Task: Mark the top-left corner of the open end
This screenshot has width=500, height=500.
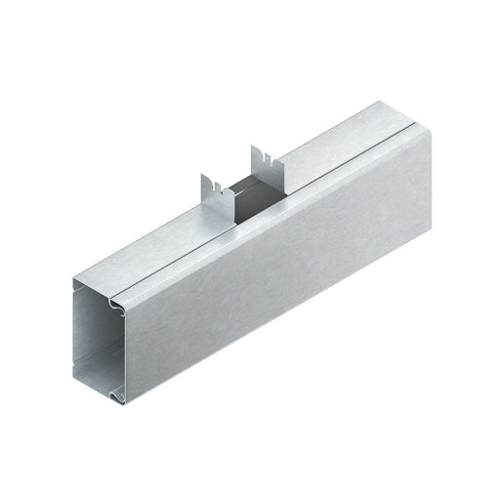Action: coord(71,284)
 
